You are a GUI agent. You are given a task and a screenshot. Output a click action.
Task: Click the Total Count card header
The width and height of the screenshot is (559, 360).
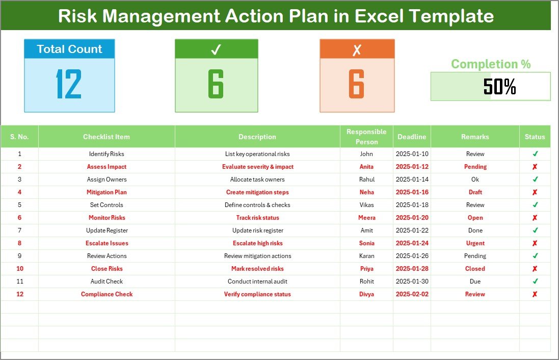pyautogui.click(x=69, y=49)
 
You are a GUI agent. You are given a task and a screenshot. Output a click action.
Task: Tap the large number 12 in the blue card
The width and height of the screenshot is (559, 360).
pyautogui.click(x=69, y=84)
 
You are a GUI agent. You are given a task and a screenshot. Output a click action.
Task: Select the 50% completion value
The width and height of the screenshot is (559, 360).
pyautogui.click(x=499, y=87)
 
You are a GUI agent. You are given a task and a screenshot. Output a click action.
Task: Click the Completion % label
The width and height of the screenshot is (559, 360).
pyautogui.click(x=491, y=64)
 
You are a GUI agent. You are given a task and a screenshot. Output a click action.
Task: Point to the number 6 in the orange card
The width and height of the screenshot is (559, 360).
pyautogui.click(x=357, y=84)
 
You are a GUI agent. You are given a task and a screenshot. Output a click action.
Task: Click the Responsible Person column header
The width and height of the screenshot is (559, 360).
pyautogui.click(x=366, y=137)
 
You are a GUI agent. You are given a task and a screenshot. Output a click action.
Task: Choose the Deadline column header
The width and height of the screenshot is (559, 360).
pyautogui.click(x=412, y=137)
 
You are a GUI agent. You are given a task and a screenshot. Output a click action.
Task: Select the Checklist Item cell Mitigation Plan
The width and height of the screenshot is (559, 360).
pyautogui.click(x=107, y=192)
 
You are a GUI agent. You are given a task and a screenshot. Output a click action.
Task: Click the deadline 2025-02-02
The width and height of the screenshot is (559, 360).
pyautogui.click(x=412, y=294)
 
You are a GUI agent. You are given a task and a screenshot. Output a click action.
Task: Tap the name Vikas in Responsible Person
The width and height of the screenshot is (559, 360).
pyautogui.click(x=366, y=205)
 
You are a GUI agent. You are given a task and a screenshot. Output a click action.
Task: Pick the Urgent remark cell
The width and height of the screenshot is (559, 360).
pyautogui.click(x=475, y=243)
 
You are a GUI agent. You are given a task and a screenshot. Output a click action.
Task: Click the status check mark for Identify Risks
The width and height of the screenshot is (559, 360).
pyautogui.click(x=535, y=153)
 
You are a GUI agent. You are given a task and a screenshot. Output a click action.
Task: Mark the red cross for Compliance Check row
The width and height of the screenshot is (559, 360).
pyautogui.click(x=535, y=294)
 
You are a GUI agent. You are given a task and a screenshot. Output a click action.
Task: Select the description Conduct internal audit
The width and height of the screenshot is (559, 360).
pyautogui.click(x=257, y=281)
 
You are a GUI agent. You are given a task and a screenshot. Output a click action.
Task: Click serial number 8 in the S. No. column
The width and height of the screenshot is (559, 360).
pyautogui.click(x=19, y=243)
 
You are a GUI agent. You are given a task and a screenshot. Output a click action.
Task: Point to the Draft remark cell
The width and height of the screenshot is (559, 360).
pyautogui.click(x=475, y=192)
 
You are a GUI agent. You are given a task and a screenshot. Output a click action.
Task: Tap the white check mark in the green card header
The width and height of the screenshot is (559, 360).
pyautogui.click(x=216, y=49)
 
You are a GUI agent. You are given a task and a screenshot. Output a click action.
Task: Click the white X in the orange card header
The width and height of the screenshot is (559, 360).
pyautogui.click(x=357, y=49)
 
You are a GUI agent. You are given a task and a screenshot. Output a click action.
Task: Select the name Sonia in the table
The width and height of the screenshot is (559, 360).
pyautogui.click(x=366, y=243)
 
